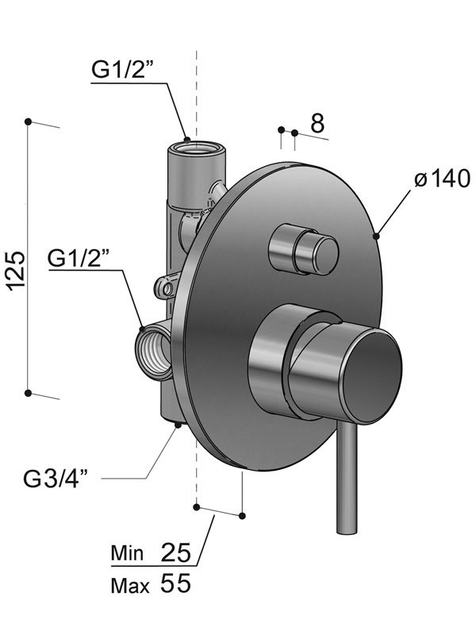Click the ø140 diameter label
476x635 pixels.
pyautogui.click(x=441, y=179)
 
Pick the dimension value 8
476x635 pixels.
pyautogui.click(x=317, y=123)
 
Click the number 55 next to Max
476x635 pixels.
pyautogui.click(x=176, y=585)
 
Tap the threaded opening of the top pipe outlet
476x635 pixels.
pyautogui.click(x=194, y=146)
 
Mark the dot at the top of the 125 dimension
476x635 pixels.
pyautogui.click(x=29, y=121)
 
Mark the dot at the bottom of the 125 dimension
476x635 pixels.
pyautogui.click(x=29, y=392)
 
